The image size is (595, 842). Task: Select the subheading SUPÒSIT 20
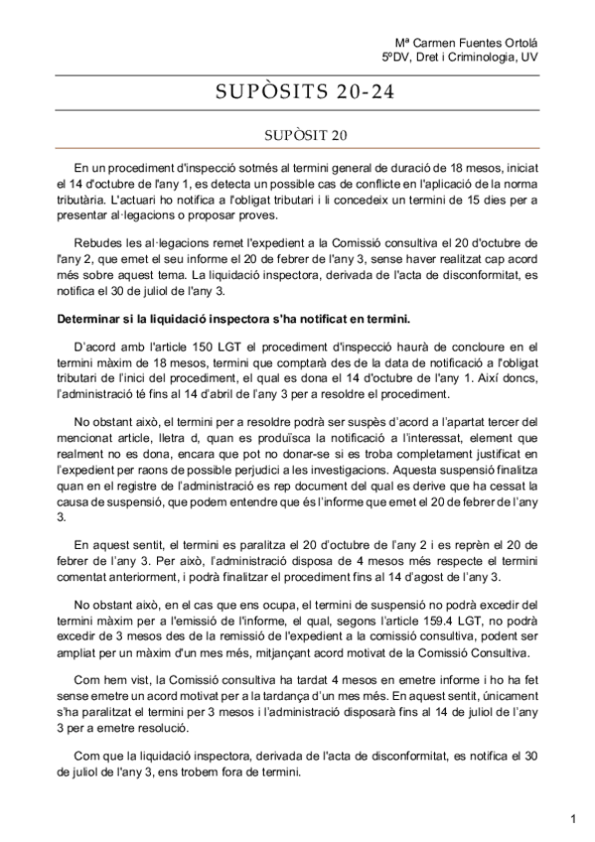tap(297, 133)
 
